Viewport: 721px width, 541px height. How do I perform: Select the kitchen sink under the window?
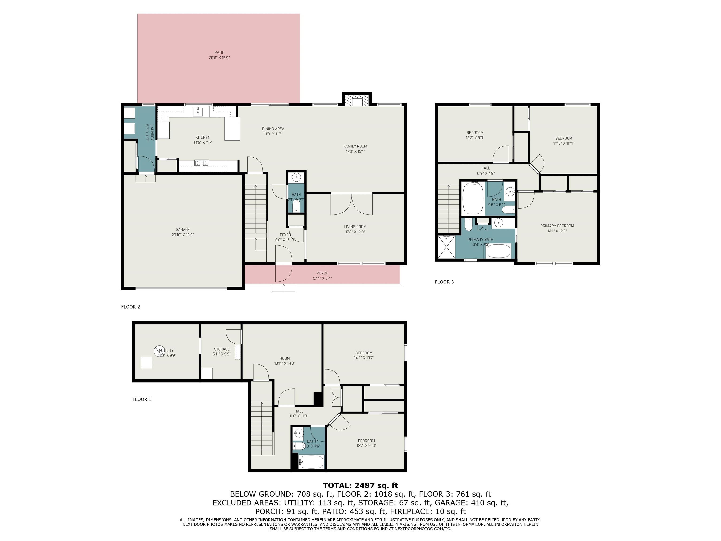click(x=198, y=112)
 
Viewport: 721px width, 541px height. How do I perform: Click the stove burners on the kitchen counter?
click(x=201, y=162)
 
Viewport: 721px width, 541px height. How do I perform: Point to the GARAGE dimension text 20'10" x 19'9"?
click(x=183, y=235)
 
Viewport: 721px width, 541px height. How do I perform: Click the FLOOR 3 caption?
click(x=444, y=282)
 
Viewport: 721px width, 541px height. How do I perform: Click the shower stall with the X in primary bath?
click(x=446, y=247)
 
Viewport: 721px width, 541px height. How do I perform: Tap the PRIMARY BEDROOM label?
click(x=557, y=226)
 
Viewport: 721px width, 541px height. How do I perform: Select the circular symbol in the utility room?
click(x=159, y=351)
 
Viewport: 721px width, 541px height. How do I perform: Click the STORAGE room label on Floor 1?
click(x=222, y=349)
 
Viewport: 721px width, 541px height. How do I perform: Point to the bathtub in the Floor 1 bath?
click(x=311, y=462)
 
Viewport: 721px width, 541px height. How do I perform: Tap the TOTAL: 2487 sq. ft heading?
click(x=360, y=486)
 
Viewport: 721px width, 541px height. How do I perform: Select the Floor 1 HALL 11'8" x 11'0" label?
click(x=299, y=413)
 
